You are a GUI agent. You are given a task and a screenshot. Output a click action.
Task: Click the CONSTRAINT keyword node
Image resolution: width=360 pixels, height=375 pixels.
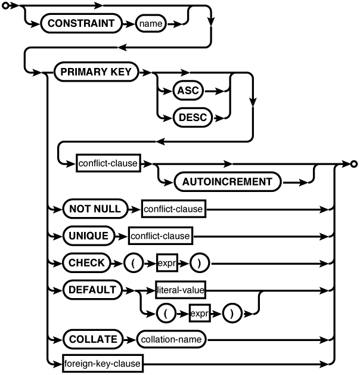coord(77,24)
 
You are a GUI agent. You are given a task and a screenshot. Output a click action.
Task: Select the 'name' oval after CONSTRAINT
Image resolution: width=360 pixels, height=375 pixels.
coord(151,24)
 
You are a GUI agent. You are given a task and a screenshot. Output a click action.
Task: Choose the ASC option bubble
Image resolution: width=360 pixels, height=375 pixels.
coord(187,91)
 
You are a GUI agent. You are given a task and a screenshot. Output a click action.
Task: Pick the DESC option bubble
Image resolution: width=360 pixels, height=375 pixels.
coord(192,117)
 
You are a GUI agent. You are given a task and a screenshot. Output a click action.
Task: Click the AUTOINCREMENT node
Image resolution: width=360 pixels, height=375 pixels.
coord(227,182)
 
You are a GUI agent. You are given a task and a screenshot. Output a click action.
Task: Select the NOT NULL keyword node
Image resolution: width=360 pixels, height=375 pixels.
coord(95,209)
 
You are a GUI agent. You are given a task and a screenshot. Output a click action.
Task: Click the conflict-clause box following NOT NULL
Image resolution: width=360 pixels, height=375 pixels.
coord(173,209)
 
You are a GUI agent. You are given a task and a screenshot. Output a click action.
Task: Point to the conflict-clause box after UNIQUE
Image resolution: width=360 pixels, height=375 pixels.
coord(160,236)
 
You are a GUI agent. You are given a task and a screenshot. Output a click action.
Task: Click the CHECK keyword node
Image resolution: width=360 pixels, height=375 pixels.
coord(86,262)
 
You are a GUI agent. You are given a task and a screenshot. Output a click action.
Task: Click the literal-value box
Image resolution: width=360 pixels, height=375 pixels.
coord(180,290)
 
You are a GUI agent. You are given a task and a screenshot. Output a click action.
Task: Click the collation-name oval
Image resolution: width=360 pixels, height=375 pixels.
coord(171,339)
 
